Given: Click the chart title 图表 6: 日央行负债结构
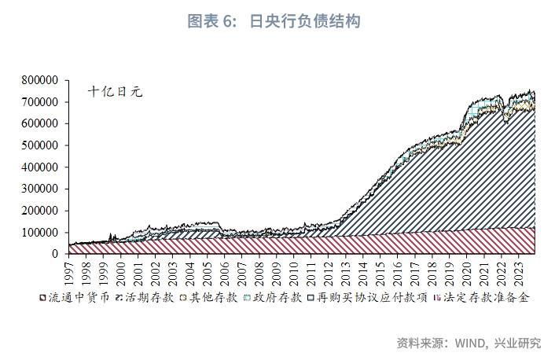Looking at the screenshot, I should [274, 21].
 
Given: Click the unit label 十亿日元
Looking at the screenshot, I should [115, 92].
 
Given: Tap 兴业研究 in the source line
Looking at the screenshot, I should [518, 343].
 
